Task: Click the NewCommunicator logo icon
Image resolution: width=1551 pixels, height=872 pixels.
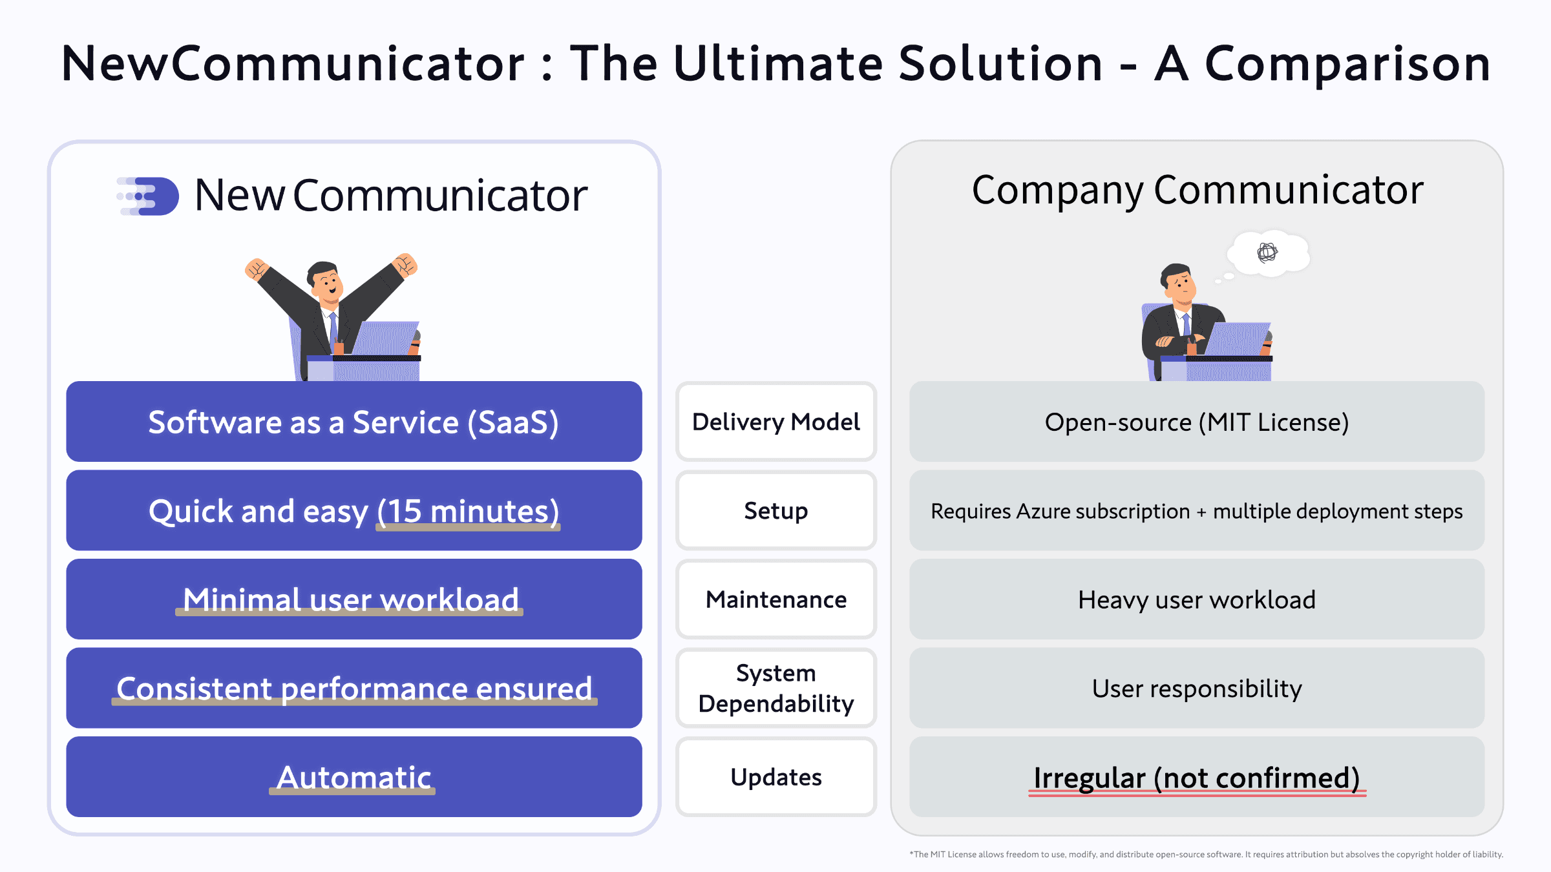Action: (x=149, y=196)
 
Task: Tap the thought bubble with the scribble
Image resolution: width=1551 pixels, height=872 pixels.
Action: (x=1268, y=253)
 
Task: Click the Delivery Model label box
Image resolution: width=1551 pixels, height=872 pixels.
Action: (x=775, y=422)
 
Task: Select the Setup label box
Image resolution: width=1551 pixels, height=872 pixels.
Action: (x=775, y=511)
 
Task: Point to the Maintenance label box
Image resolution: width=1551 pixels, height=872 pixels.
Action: (x=775, y=599)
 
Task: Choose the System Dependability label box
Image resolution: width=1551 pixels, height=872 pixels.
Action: (x=775, y=688)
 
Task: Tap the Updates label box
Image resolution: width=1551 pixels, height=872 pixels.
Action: (x=775, y=777)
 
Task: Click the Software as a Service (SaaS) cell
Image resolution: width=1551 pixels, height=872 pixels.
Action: (x=353, y=422)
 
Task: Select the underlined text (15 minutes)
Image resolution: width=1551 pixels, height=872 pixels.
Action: (x=469, y=512)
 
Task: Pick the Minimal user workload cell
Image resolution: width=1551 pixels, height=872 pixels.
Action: (x=353, y=599)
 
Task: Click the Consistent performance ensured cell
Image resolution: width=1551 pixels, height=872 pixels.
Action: (x=353, y=688)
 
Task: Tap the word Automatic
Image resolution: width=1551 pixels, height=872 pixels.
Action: (x=353, y=777)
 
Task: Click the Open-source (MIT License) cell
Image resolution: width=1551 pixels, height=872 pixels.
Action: (x=1197, y=422)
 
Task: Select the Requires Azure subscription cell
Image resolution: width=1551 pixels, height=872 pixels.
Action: (x=1197, y=511)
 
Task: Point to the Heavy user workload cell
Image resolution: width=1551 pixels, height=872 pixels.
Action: (x=1197, y=599)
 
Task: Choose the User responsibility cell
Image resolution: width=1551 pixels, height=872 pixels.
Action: (x=1197, y=688)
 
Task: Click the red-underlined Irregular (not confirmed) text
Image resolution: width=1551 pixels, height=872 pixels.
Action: (x=1197, y=778)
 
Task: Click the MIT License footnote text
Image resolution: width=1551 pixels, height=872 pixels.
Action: (x=1206, y=855)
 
